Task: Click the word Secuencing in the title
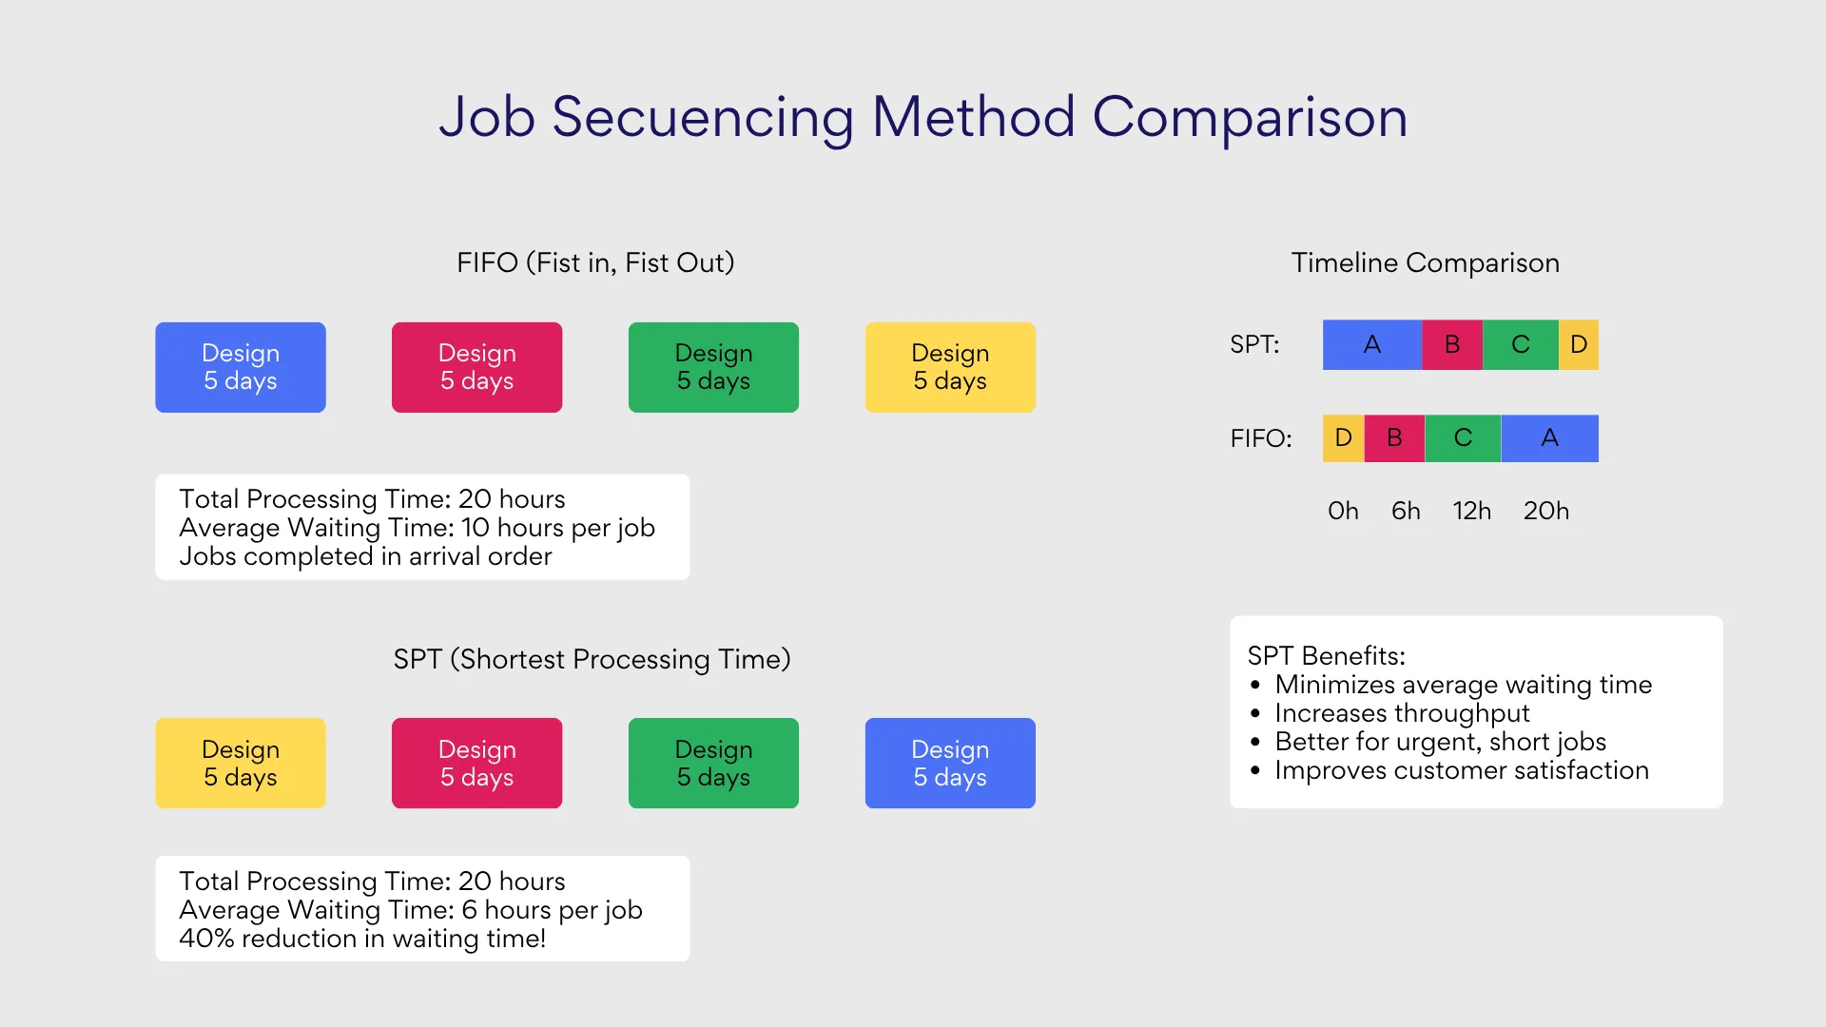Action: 703,117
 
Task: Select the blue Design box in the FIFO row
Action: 241,367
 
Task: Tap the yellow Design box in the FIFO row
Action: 950,367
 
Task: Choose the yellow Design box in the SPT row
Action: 241,763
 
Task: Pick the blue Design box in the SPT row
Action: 950,763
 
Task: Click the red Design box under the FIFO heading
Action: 476,367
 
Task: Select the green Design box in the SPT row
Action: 713,763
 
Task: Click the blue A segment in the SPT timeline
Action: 1371,344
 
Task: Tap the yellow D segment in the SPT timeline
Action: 1579,344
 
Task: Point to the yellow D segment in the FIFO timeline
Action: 1343,438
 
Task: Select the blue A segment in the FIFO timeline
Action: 1549,438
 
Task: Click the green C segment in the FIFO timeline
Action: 1463,438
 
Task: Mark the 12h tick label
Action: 1471,511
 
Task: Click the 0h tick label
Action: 1343,511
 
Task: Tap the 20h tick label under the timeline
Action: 1545,511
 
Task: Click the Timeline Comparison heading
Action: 1425,262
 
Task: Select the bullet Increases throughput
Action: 1402,713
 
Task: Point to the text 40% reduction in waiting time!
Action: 362,939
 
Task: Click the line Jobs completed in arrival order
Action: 365,556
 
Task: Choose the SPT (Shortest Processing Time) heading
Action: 592,659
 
